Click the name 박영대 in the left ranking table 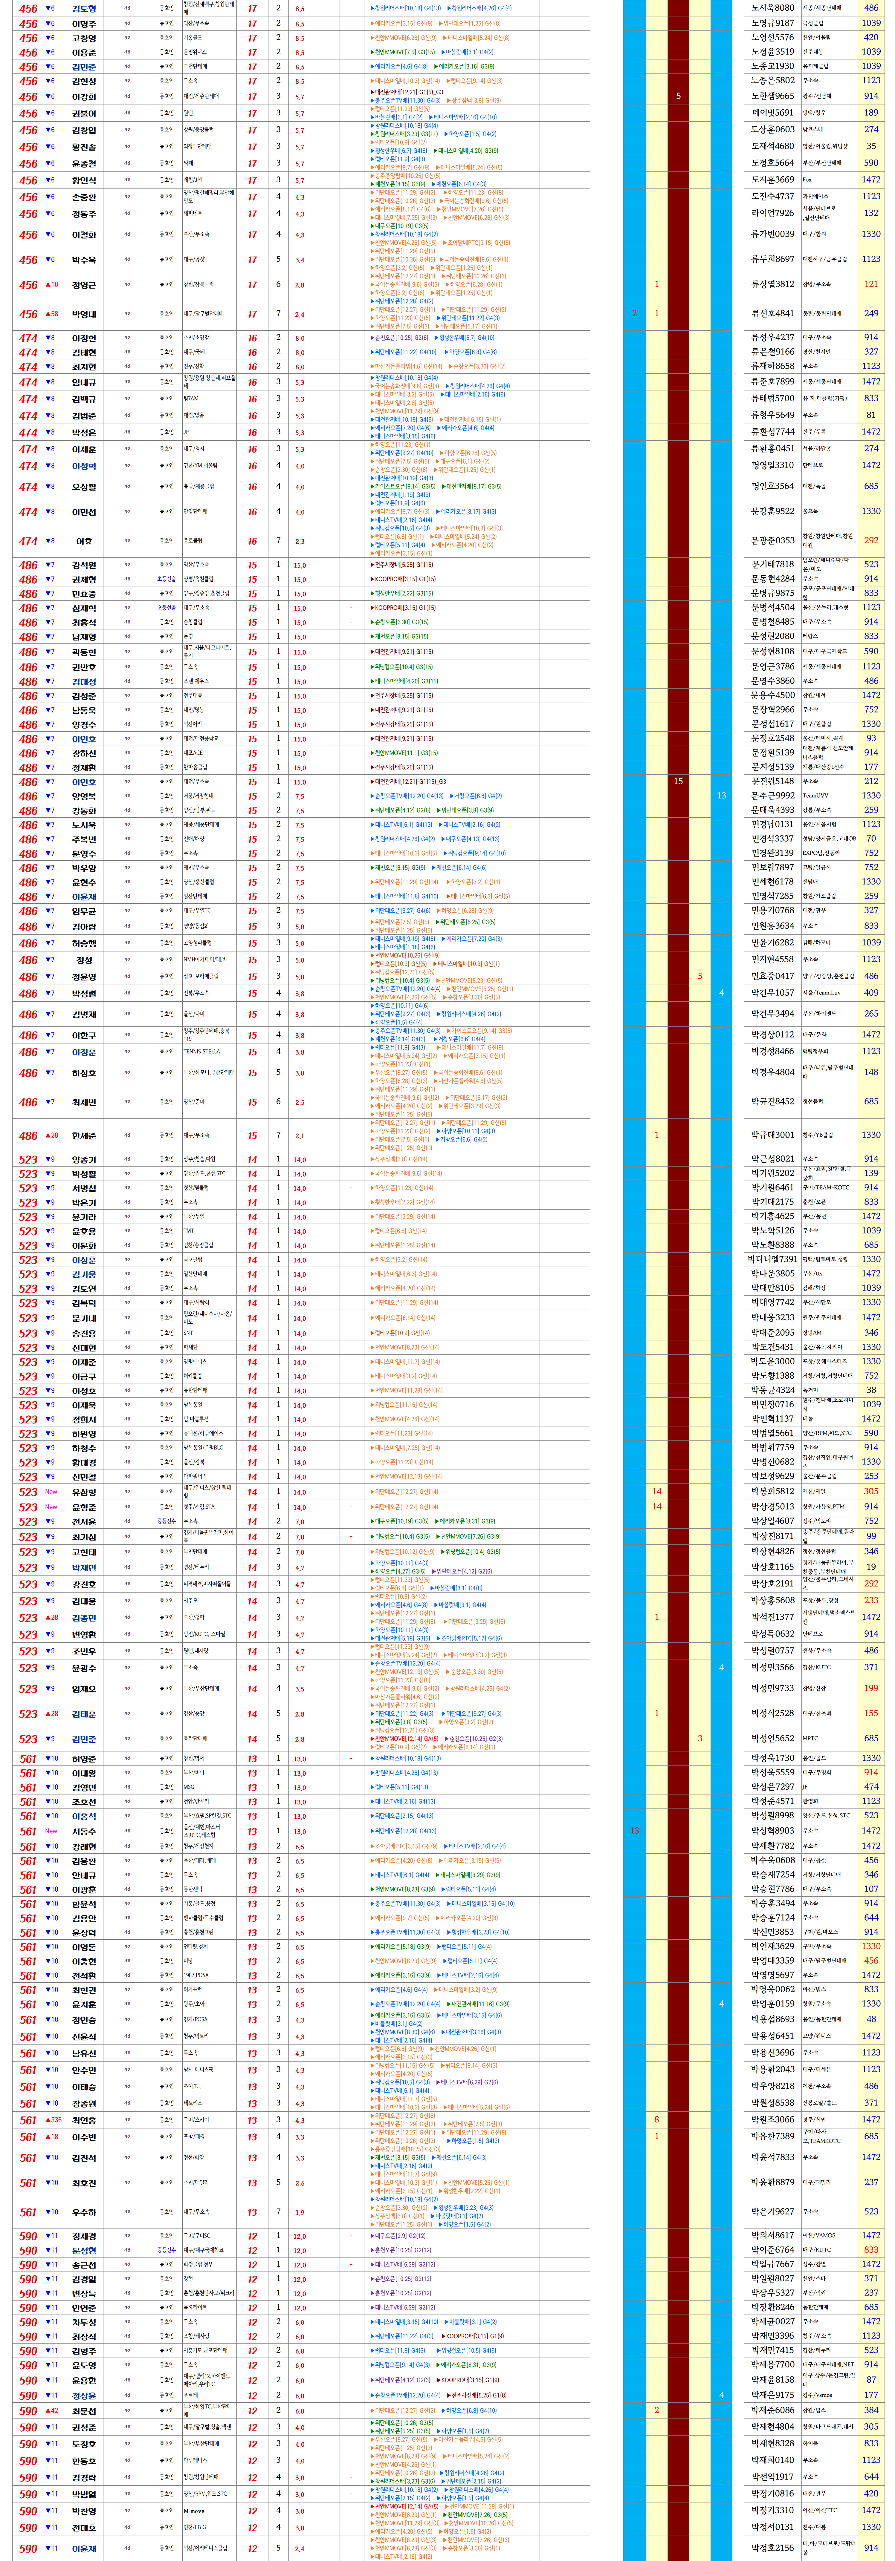click(83, 314)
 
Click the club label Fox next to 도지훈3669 click(807, 180)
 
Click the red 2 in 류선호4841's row click(634, 314)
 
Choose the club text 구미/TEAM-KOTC click(825, 1187)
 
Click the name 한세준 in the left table click(83, 1135)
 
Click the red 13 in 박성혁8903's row click(634, 1830)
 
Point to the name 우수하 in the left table click(83, 2213)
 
